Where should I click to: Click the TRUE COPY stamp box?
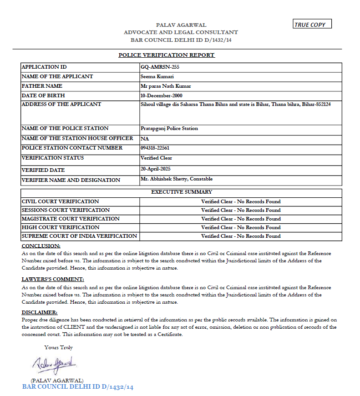point(312,24)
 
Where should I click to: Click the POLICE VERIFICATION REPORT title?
point(166,55)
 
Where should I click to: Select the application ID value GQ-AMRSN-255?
point(157,67)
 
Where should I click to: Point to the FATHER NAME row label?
point(42,86)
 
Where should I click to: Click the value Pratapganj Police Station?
point(169,128)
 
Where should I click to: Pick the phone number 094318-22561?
point(154,148)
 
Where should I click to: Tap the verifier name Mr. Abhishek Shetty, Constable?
point(177,179)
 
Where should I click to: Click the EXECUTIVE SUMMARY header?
point(181,192)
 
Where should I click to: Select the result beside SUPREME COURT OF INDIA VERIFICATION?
point(241,236)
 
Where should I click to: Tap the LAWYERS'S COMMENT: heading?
point(53,279)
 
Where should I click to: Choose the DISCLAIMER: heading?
point(40,312)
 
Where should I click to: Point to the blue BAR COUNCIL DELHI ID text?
point(78,387)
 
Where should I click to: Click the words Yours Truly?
point(58,347)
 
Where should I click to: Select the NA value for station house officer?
point(145,138)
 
